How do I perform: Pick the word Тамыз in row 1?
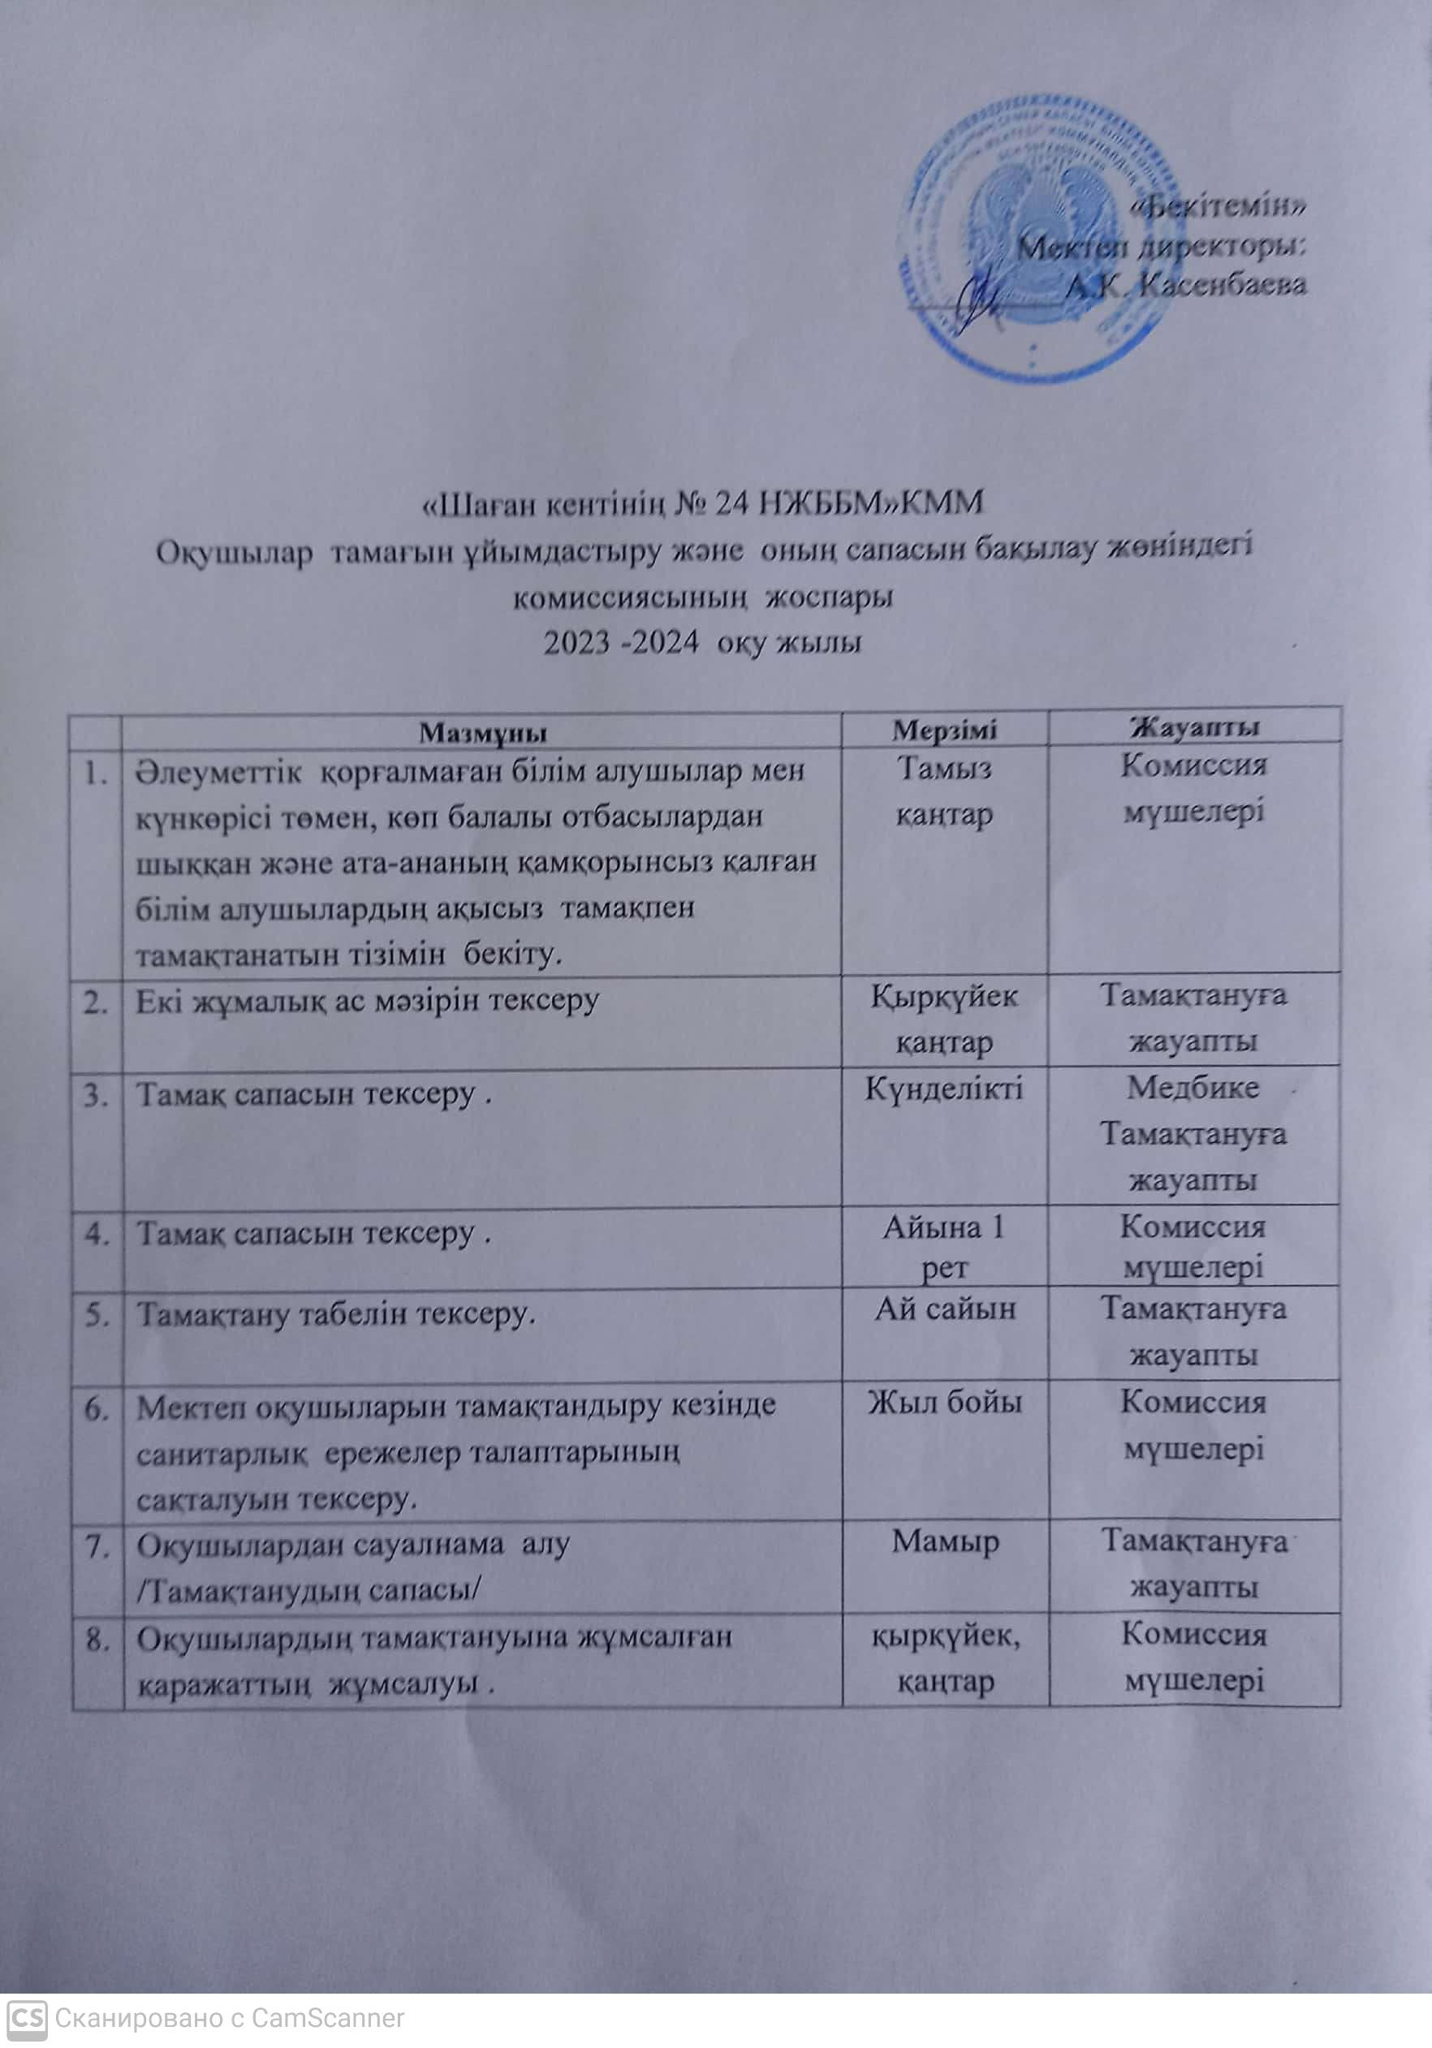(x=944, y=769)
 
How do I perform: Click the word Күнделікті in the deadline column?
(x=944, y=1089)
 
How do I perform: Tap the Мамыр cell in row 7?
(x=945, y=1541)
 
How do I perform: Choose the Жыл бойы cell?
(x=945, y=1403)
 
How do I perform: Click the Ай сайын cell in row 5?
(x=945, y=1309)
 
